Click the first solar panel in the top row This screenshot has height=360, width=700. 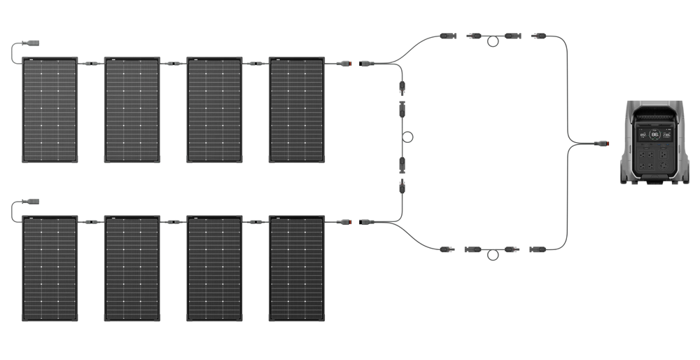pos(50,110)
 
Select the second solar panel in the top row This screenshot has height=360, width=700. pos(132,110)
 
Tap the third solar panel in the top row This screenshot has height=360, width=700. pos(214,110)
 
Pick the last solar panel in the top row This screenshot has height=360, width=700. pos(297,110)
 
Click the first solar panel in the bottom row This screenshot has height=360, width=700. pos(50,268)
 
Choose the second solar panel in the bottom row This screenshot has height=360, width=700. pos(132,268)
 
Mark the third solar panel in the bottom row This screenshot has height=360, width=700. pos(214,268)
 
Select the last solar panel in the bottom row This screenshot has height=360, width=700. pos(297,268)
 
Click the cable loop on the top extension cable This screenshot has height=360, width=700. pos(493,41)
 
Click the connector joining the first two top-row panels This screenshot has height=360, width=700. pos(91,64)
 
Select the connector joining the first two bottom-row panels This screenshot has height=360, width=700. pos(91,222)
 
